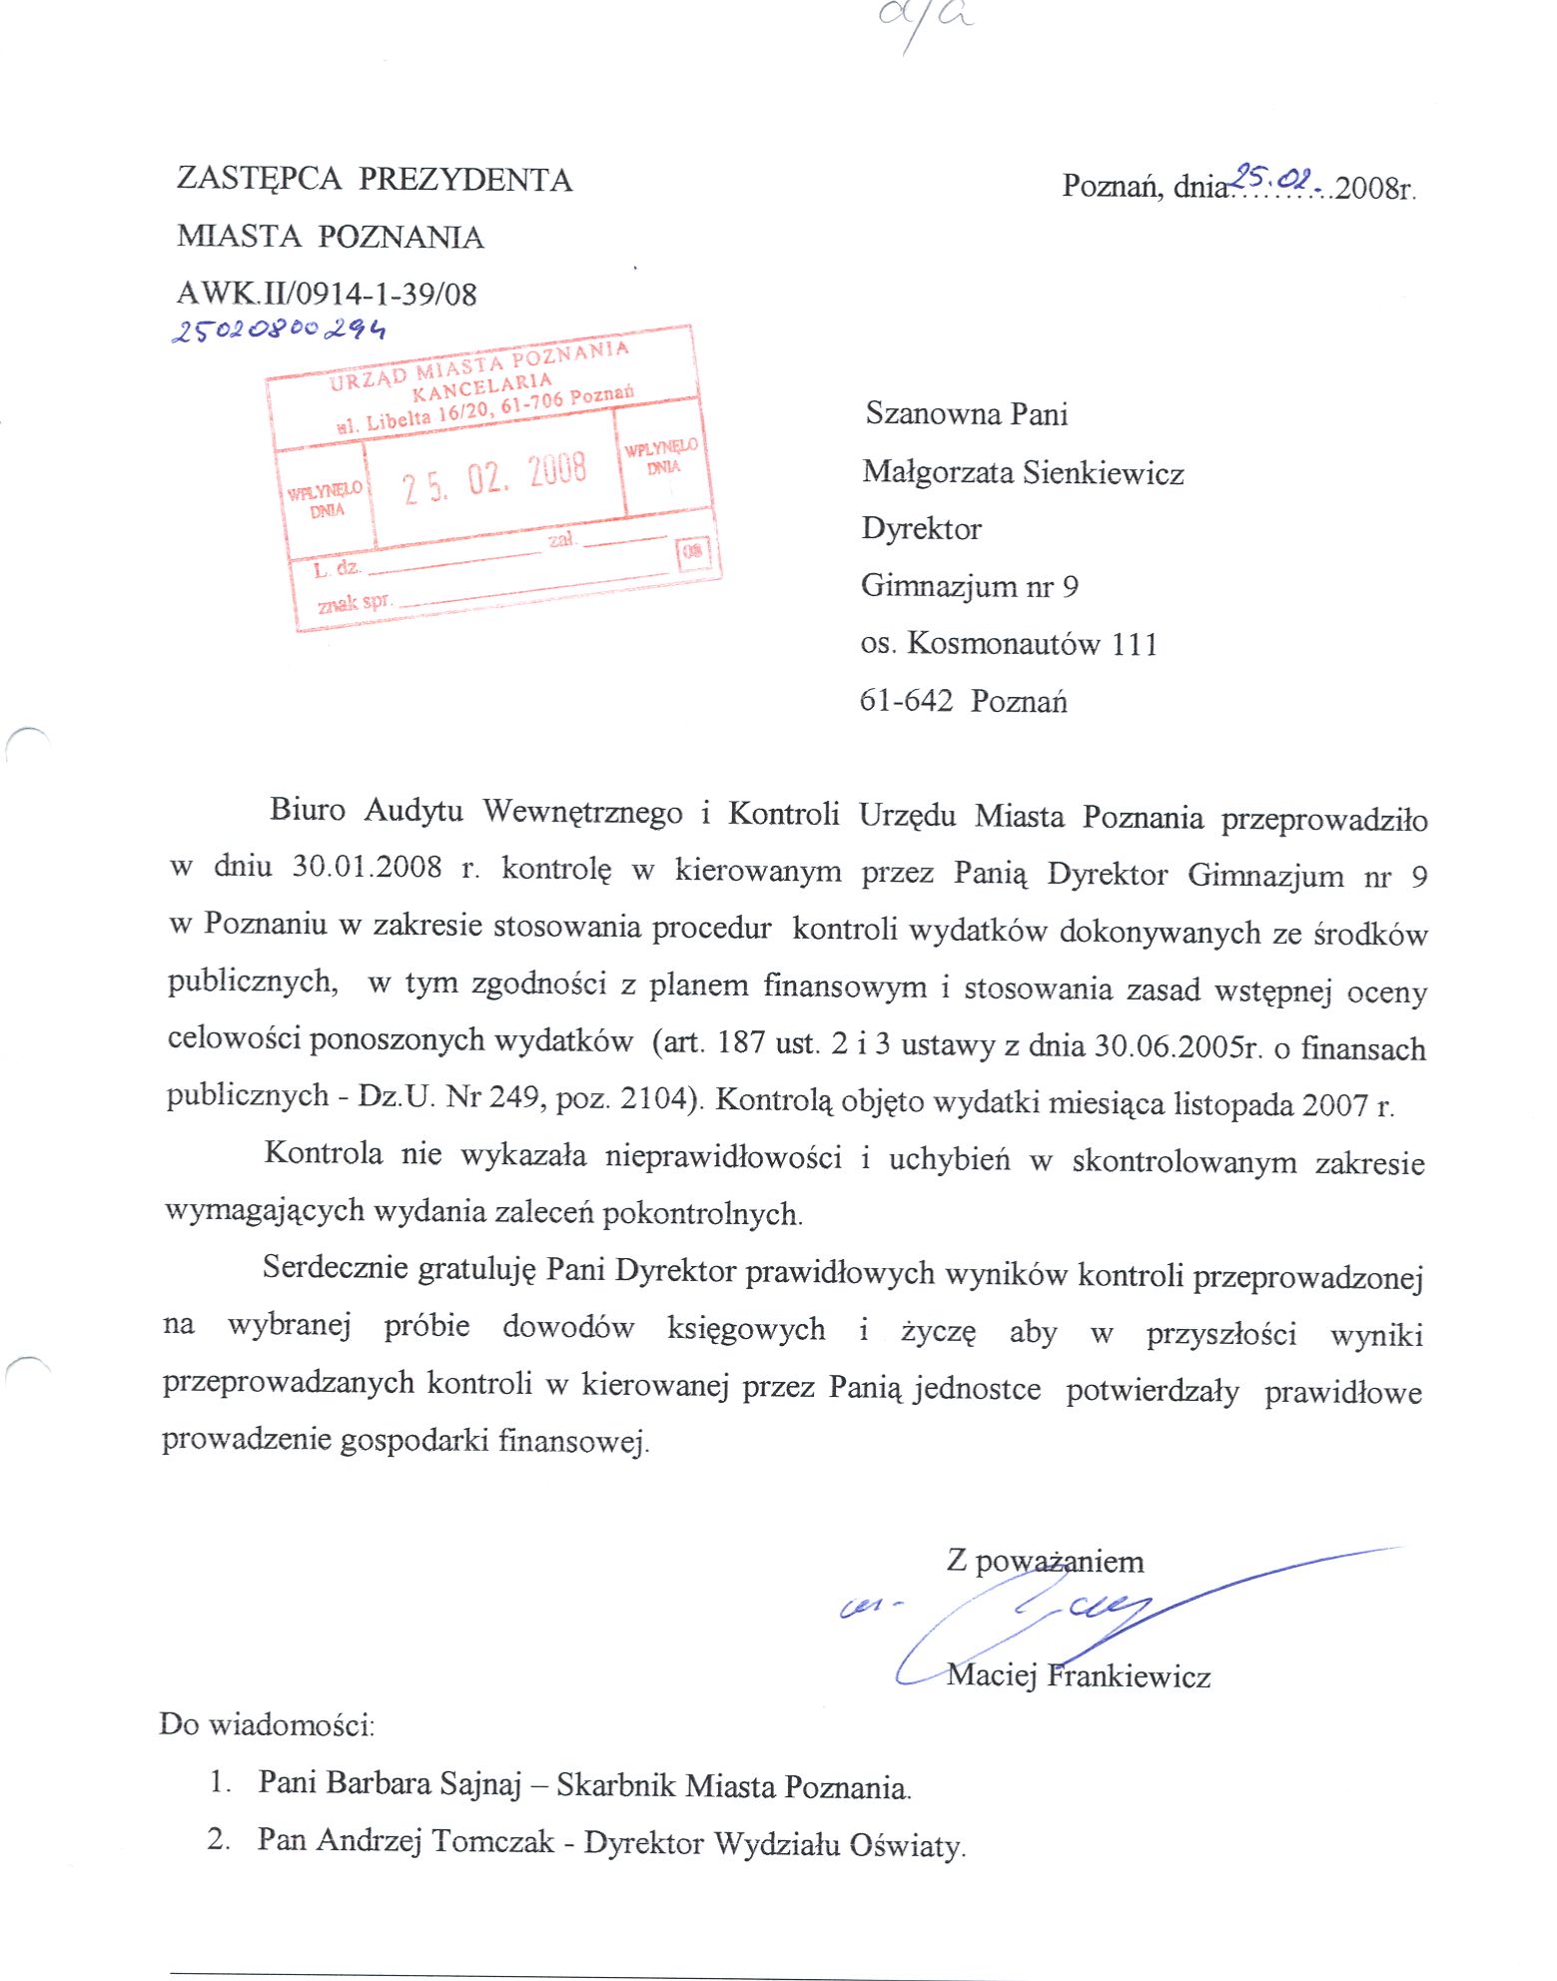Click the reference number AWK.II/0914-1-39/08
click(327, 294)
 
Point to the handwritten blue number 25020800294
click(279, 330)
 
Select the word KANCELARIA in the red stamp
click(481, 385)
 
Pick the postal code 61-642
click(906, 701)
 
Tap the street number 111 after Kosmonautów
click(1134, 644)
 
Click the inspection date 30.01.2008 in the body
click(367, 867)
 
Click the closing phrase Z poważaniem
click(1045, 1561)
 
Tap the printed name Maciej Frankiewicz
click(1079, 1675)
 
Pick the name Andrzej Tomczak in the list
click(434, 1840)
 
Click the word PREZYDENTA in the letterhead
click(465, 180)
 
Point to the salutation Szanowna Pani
click(966, 414)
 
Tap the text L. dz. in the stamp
click(335, 569)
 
